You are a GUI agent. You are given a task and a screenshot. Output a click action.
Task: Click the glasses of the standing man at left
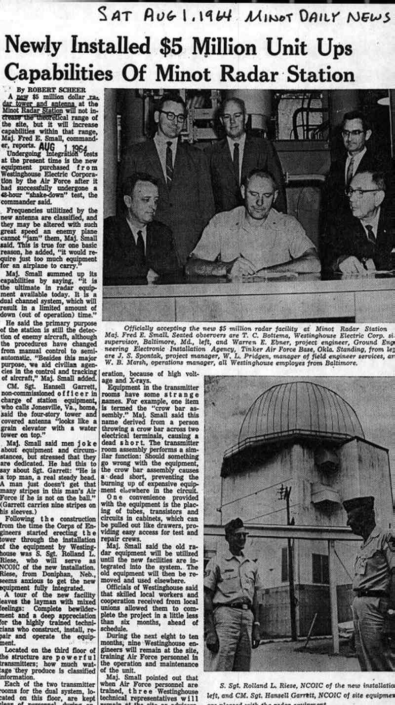coord(172,116)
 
